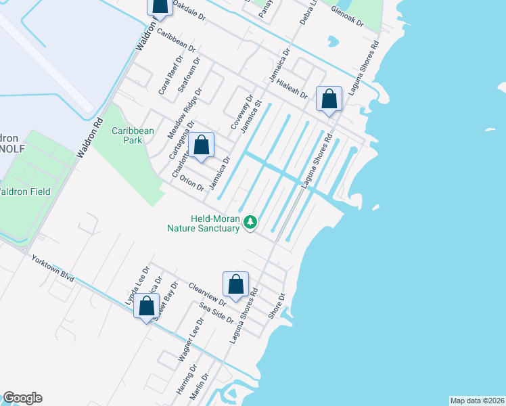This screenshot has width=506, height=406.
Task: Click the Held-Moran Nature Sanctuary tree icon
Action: pyautogui.click(x=250, y=222)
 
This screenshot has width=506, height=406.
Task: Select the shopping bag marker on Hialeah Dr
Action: pyautogui.click(x=329, y=100)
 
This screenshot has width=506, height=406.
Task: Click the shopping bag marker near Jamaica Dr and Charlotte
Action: pyautogui.click(x=202, y=145)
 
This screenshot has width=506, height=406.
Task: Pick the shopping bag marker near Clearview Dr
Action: pyautogui.click(x=235, y=284)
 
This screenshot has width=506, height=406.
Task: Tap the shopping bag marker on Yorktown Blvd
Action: pyautogui.click(x=147, y=306)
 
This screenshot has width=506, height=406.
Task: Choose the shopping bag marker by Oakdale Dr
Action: pyautogui.click(x=160, y=6)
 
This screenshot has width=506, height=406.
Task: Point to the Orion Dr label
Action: pyautogui.click(x=192, y=183)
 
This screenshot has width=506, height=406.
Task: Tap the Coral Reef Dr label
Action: pyautogui.click(x=166, y=76)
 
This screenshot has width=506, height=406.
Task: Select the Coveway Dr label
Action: pyautogui.click(x=241, y=112)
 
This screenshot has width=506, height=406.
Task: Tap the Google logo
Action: pyautogui.click(x=22, y=398)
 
